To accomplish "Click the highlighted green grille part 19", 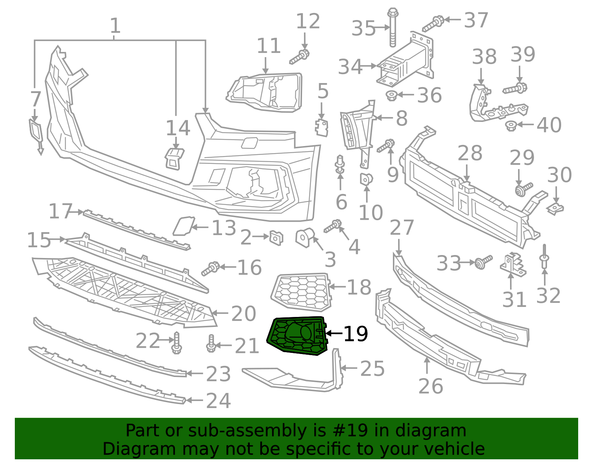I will coord(296,335).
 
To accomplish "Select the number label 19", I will coord(355,334).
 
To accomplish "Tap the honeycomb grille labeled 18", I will coord(301,291).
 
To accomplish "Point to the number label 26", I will coord(430,386).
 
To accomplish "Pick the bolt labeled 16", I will coord(210,268).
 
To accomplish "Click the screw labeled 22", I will coord(176,343).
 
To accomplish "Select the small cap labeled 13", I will coord(183,226).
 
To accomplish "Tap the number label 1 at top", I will coord(115,26).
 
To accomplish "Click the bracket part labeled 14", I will coord(174,159).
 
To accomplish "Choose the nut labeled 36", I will coord(391,96).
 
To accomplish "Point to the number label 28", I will coord(470,153).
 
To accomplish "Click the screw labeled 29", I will coord(524,189).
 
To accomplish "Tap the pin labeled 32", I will coord(544,257).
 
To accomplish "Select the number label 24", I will coord(218,401).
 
